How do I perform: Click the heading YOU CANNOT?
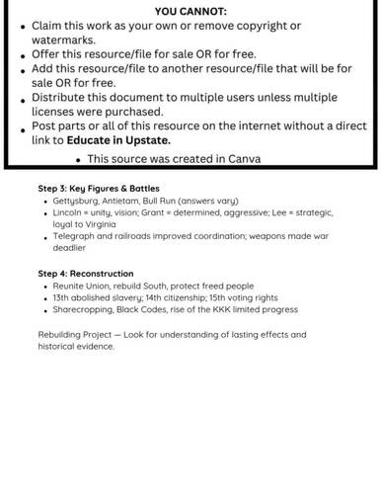[x=191, y=9]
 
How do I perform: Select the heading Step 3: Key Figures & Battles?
[x=99, y=188]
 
